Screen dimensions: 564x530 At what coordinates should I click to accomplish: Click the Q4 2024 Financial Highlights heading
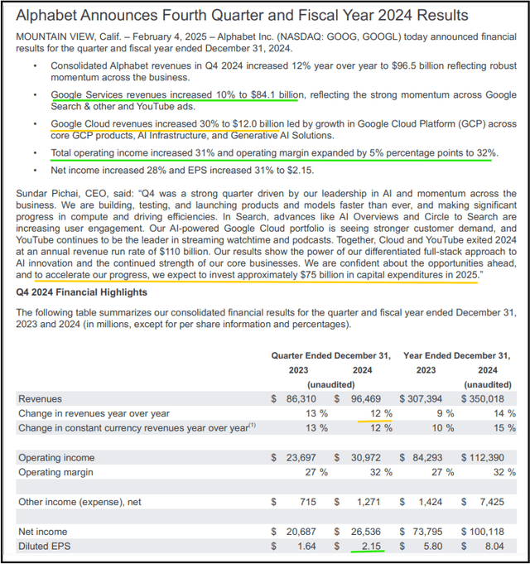tap(82, 292)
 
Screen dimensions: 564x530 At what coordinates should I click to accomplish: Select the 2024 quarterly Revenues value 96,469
tap(372, 399)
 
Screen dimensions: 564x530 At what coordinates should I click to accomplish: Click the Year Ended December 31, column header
tap(461, 355)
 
